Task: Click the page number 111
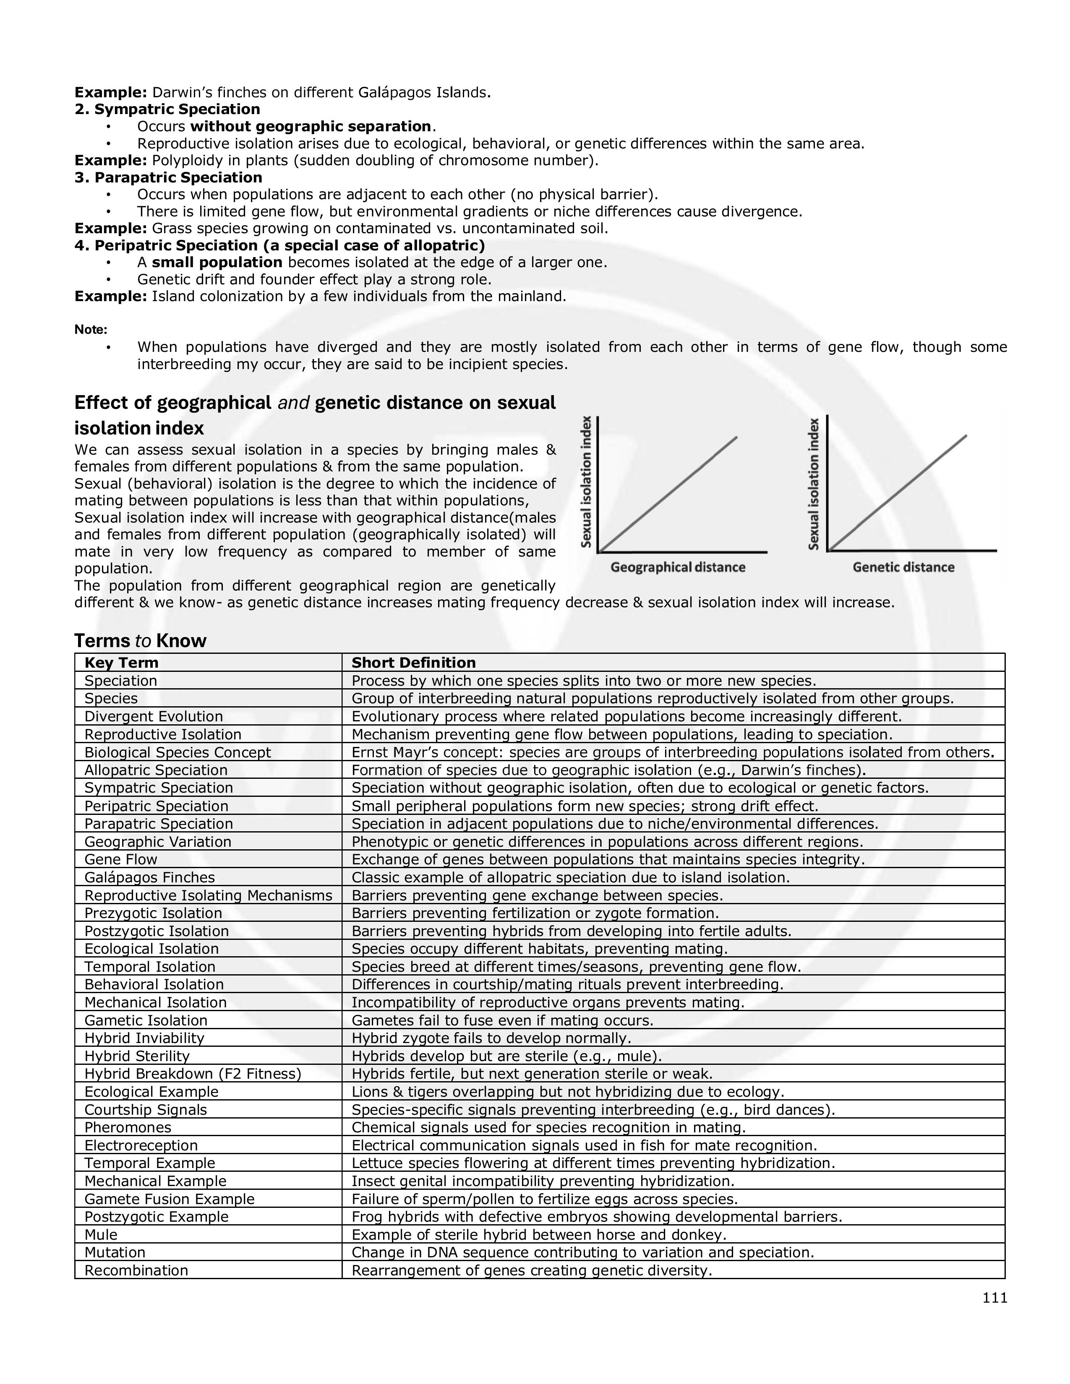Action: pos(994,1298)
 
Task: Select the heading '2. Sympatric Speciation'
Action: pos(167,109)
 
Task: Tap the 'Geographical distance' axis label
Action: pos(678,567)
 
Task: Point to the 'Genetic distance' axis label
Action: pos(903,567)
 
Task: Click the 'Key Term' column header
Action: pos(121,663)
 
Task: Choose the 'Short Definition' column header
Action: pos(413,663)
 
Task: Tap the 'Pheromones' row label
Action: pos(128,1127)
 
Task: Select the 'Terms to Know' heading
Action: pos(140,641)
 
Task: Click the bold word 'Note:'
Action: pos(91,330)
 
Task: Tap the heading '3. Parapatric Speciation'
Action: pos(168,177)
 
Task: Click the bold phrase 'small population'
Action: pos(217,263)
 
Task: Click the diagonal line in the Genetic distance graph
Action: pos(897,493)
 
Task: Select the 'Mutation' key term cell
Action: pos(115,1252)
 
